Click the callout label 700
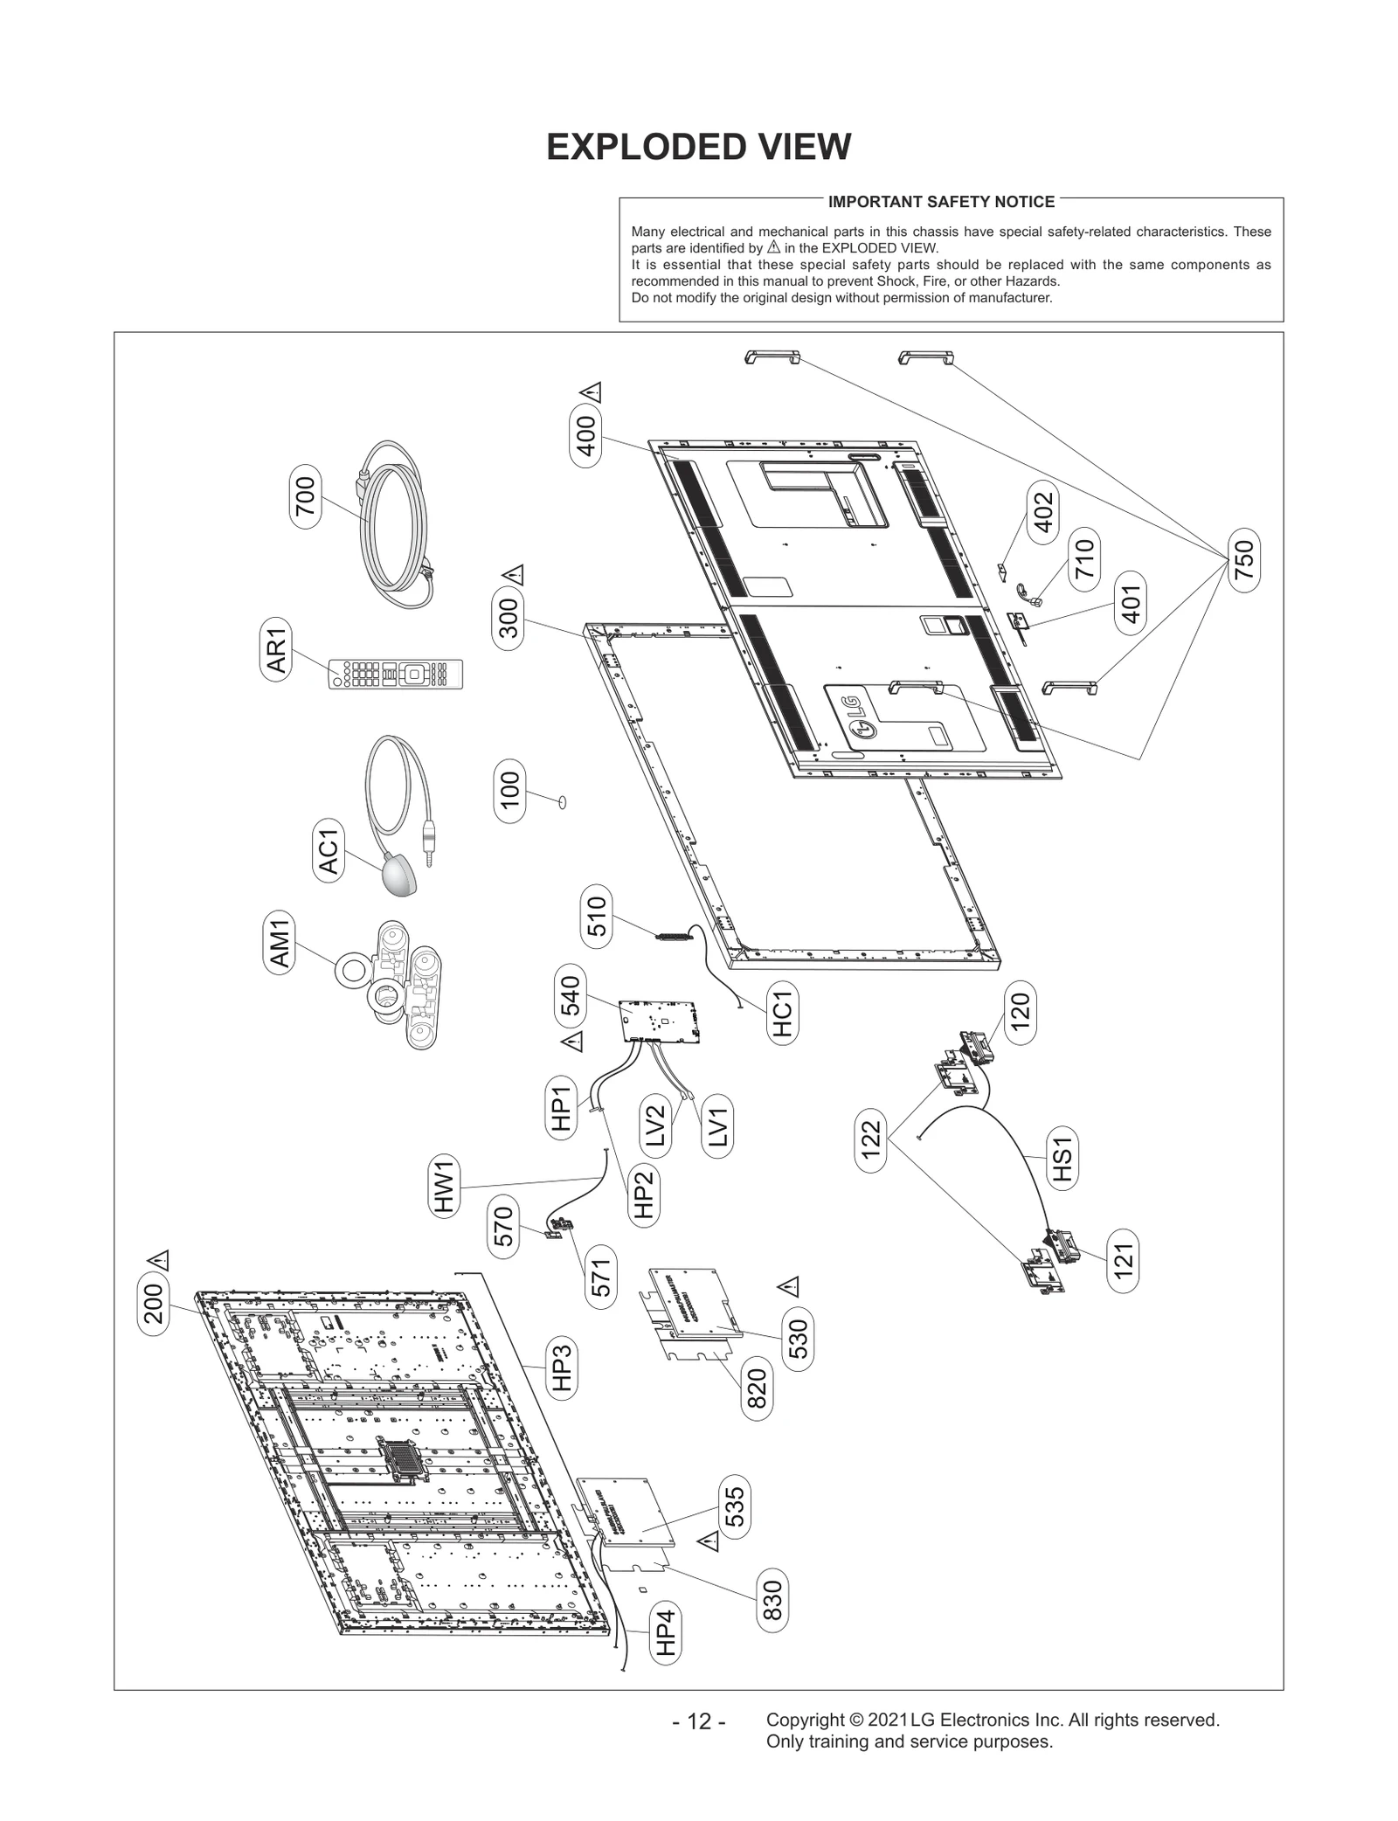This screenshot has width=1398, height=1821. [306, 496]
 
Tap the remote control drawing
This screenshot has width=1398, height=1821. [395, 675]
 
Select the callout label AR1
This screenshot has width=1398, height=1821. [276, 650]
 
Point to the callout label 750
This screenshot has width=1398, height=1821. [1243, 559]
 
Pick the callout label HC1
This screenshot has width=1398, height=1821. [782, 1011]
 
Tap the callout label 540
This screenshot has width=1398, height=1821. [569, 995]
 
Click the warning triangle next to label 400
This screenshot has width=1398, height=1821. [592, 392]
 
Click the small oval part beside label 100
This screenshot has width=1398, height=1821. [562, 801]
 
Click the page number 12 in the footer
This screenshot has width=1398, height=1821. [698, 1722]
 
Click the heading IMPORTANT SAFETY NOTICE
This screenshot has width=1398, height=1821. [941, 202]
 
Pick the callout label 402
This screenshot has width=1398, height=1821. [1043, 511]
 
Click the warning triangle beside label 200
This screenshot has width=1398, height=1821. [158, 1260]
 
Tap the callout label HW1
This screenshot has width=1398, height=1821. [445, 1184]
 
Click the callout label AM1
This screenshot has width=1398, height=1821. [279, 940]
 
